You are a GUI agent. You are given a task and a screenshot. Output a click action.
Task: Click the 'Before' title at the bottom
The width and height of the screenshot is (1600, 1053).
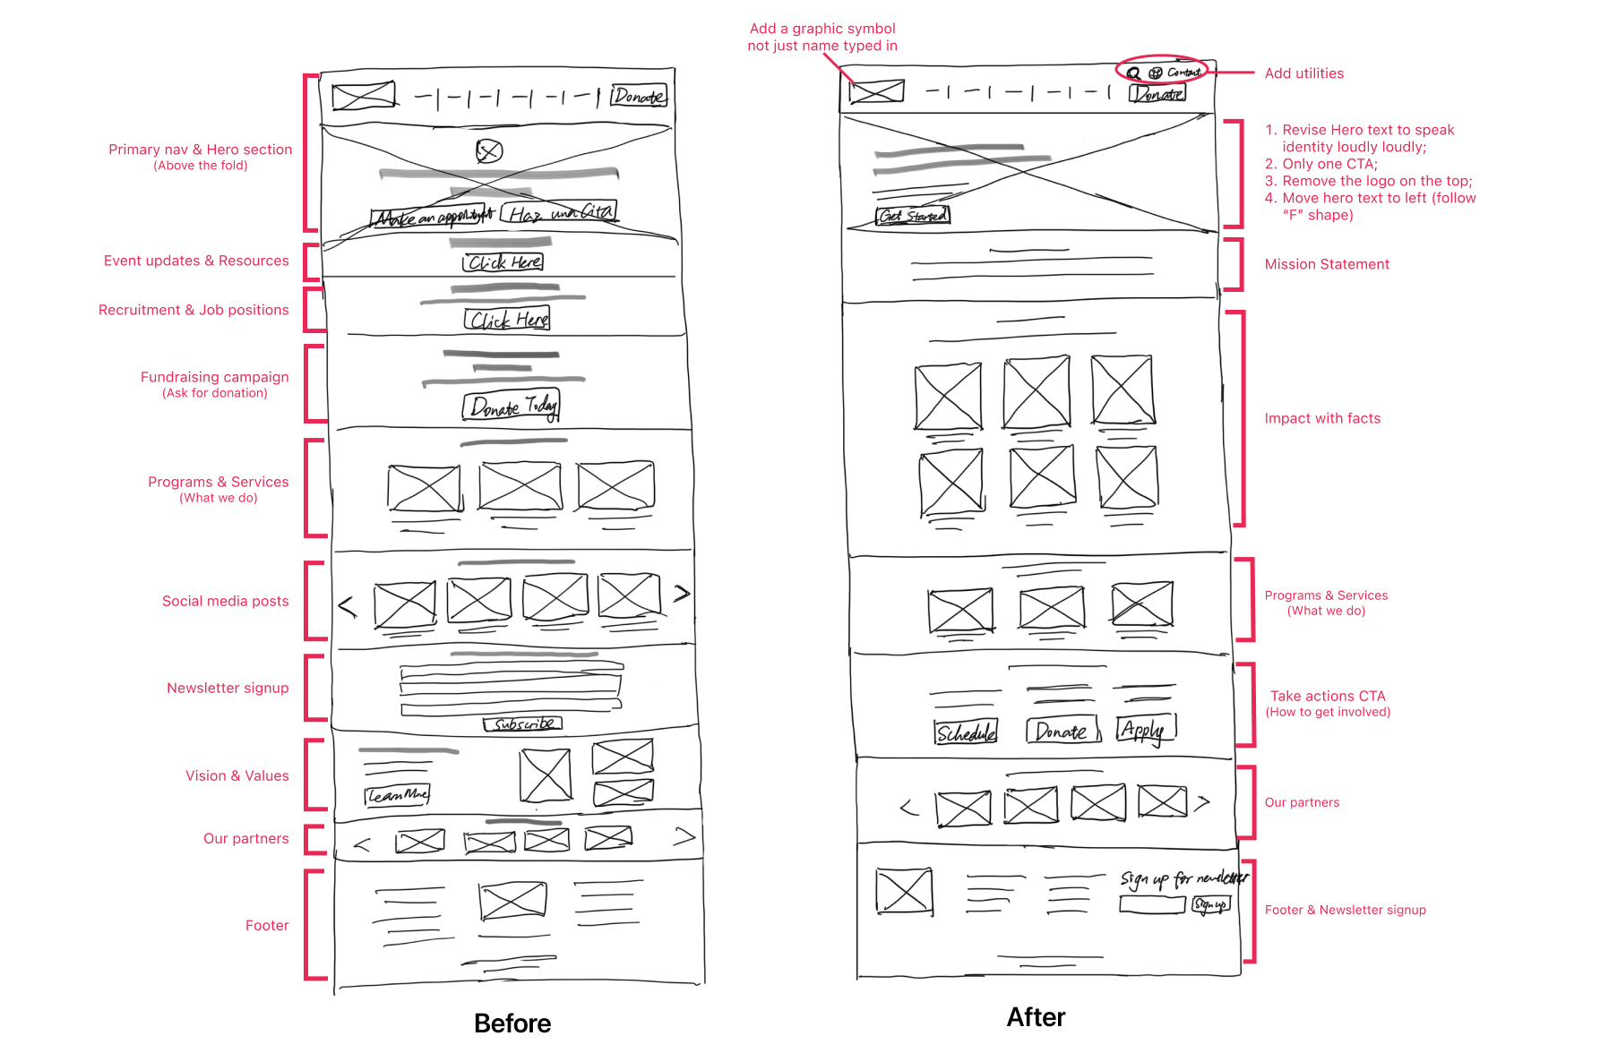tap(512, 1023)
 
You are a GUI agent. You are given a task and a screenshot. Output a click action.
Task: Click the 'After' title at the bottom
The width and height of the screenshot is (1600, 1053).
tap(1036, 1017)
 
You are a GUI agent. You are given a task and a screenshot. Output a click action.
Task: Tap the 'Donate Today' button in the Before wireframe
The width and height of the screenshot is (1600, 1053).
tap(512, 407)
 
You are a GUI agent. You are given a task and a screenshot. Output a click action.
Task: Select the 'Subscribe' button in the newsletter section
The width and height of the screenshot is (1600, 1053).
tap(523, 723)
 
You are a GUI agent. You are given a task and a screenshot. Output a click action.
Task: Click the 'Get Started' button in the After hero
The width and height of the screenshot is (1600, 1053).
tap(912, 216)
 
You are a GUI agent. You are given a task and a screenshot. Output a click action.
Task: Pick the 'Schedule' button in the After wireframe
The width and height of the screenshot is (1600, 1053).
tap(966, 732)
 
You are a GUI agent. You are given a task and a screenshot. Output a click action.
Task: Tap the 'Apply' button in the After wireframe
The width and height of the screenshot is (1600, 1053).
tap(1145, 729)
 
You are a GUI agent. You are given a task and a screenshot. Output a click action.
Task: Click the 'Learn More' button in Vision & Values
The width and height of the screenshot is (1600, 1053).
tap(398, 795)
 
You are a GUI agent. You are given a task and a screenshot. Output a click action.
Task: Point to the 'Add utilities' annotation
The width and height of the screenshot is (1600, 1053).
tap(1303, 73)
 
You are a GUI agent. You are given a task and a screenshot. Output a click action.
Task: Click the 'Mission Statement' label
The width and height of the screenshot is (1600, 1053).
tap(1327, 264)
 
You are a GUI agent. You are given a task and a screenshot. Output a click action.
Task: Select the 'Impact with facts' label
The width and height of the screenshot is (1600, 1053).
tap(1322, 418)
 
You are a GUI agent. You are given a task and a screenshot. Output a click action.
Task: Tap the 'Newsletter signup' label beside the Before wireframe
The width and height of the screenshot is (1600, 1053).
tap(228, 688)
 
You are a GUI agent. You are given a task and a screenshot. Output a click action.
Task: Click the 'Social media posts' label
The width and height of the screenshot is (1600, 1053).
tap(225, 601)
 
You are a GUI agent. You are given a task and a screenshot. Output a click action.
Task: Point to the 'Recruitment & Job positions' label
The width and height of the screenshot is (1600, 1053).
tap(194, 310)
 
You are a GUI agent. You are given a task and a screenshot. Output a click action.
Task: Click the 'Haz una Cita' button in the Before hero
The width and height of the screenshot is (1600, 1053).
tap(559, 213)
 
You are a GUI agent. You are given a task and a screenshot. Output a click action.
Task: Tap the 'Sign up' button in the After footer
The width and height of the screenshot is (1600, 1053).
tap(1210, 905)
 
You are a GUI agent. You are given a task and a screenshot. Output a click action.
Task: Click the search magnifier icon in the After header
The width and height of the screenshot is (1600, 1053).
tap(1134, 73)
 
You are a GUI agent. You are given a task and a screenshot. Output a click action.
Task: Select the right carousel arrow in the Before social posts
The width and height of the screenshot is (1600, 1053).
tap(682, 593)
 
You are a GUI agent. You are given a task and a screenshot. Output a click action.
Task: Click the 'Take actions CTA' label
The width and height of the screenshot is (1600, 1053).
tap(1328, 696)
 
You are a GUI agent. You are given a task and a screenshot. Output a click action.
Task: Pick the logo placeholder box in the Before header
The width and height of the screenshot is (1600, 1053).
tap(363, 95)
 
